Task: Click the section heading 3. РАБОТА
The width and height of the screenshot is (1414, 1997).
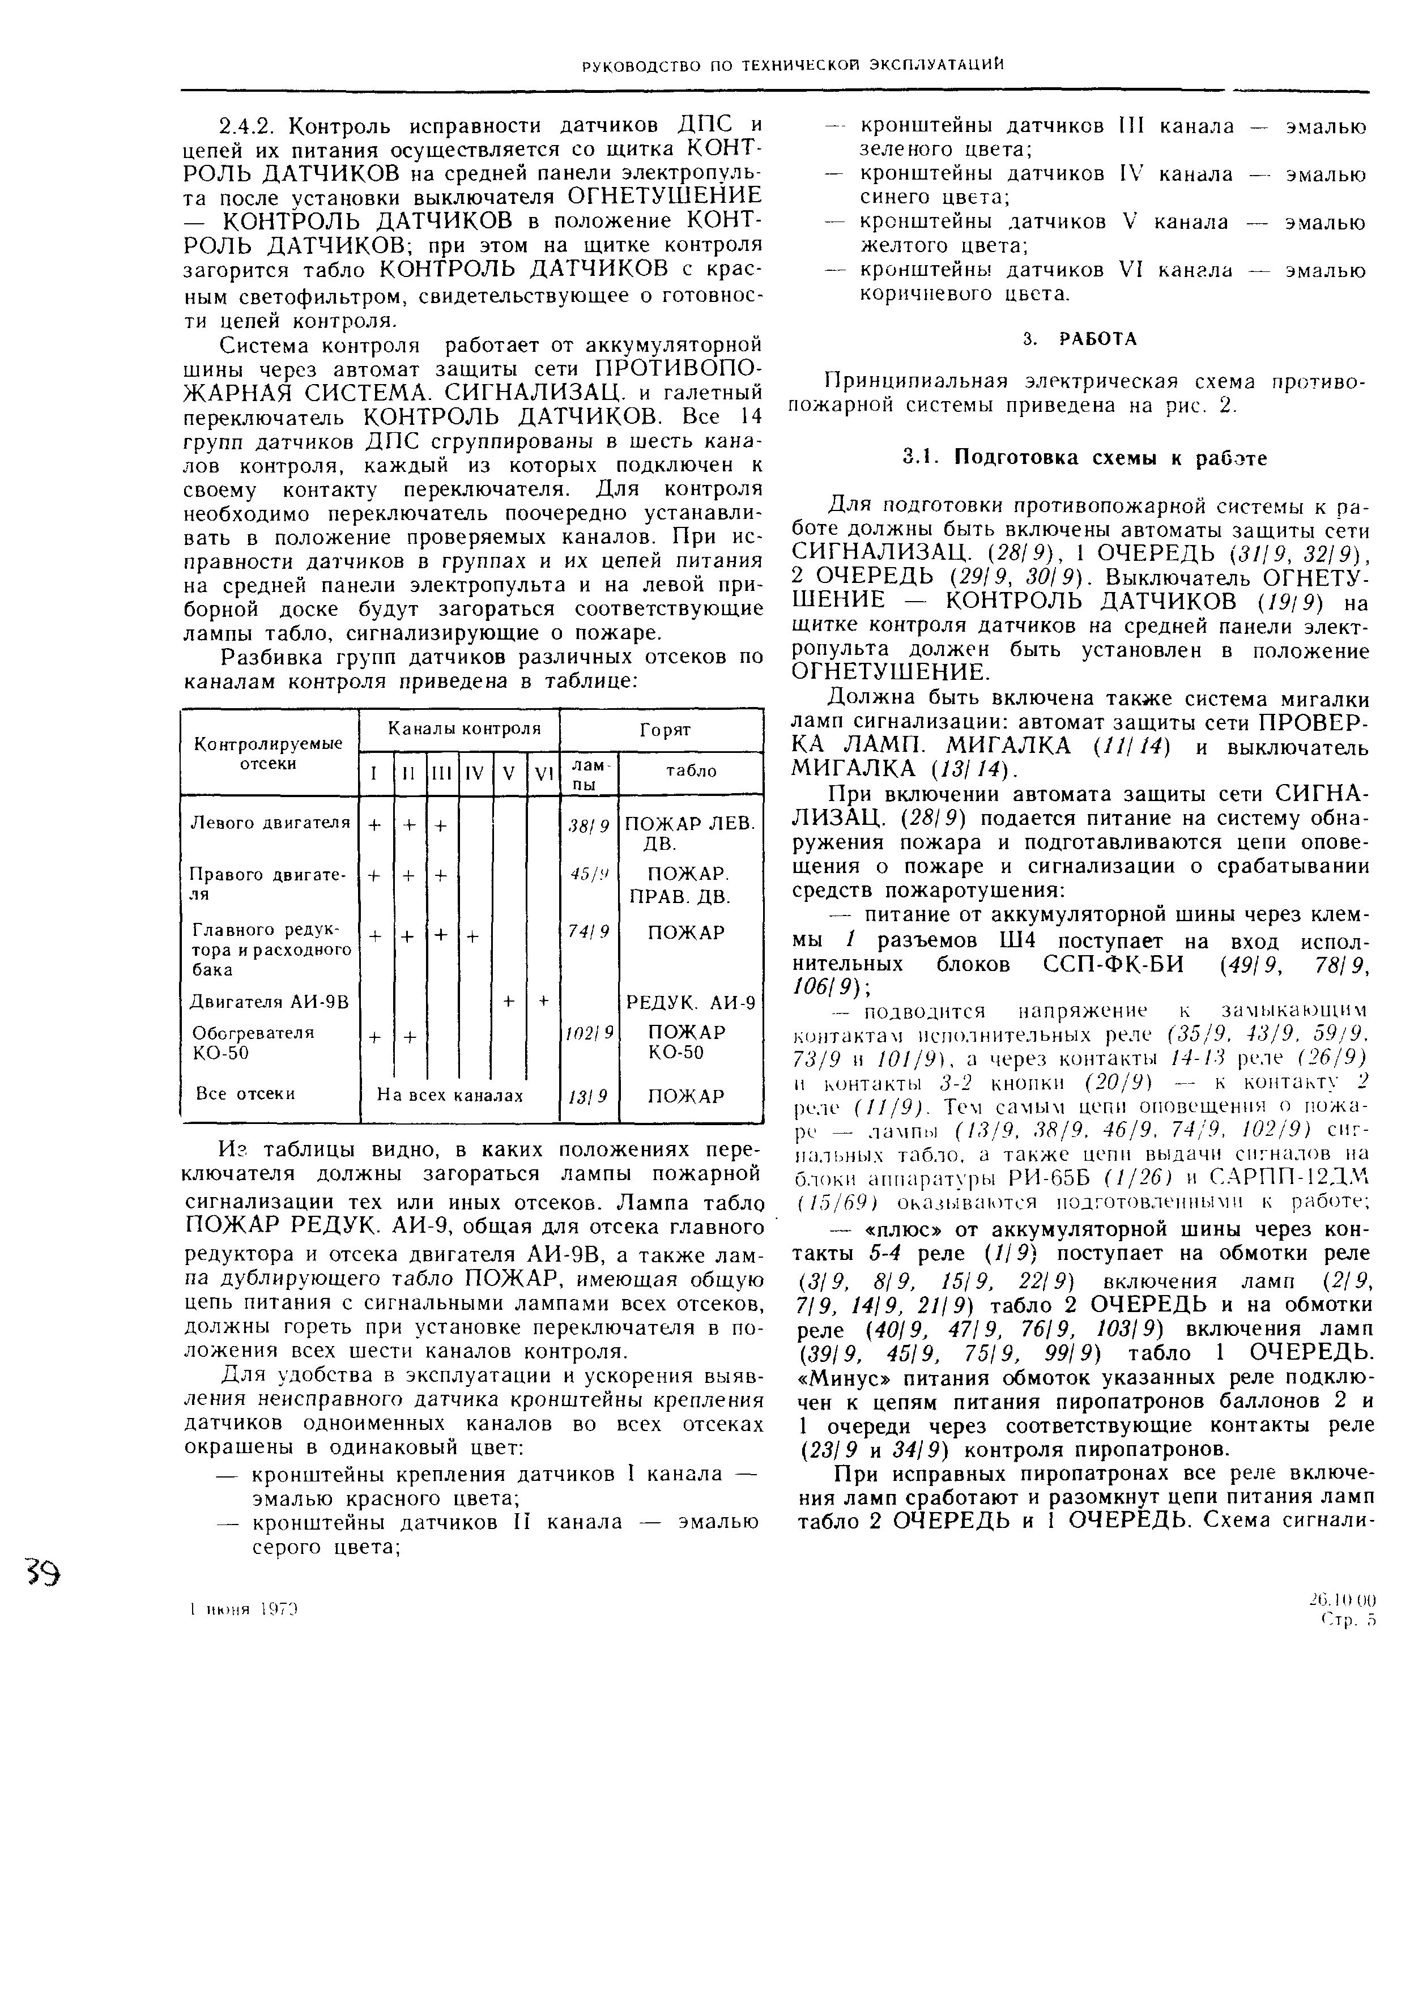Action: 1080,339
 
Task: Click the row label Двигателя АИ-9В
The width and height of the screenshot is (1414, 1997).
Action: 269,1002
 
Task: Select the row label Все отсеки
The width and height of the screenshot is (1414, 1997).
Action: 245,1093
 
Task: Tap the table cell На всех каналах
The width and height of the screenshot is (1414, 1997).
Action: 450,1095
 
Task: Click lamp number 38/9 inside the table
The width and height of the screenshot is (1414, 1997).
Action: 589,823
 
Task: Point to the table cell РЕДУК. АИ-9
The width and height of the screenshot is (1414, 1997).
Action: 691,1003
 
